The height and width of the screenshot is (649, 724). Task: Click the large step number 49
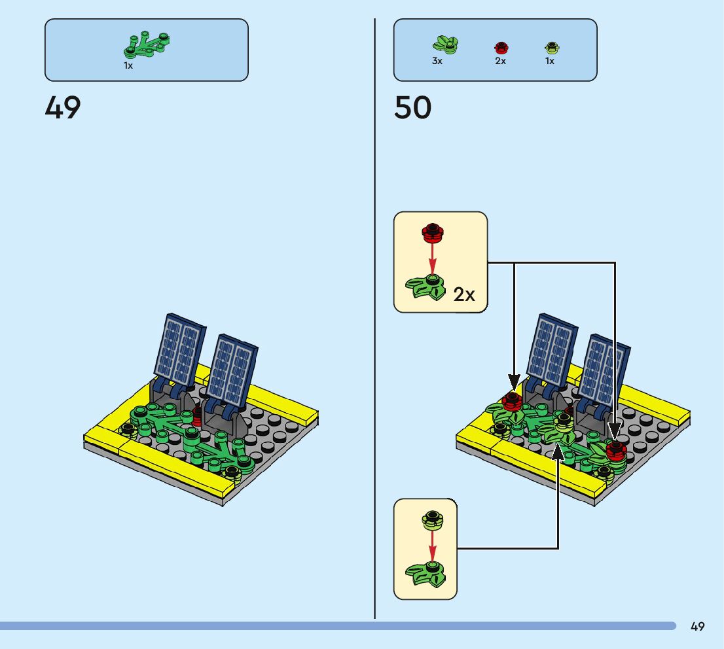click(63, 108)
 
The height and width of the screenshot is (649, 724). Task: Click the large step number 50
click(412, 108)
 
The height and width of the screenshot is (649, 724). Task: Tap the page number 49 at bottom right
click(697, 627)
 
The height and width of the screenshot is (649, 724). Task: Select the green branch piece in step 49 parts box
click(147, 44)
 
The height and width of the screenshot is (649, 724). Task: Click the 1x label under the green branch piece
click(128, 65)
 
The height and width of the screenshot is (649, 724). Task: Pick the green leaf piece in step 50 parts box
click(445, 44)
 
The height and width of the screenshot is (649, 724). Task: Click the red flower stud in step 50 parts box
click(501, 47)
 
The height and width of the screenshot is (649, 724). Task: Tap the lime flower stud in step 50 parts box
click(551, 47)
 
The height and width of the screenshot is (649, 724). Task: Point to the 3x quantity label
click(437, 61)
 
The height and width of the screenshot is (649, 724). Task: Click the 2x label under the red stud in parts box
click(500, 61)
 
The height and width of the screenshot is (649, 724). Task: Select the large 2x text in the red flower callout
click(464, 295)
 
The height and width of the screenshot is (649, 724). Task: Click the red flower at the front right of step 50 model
click(615, 449)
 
